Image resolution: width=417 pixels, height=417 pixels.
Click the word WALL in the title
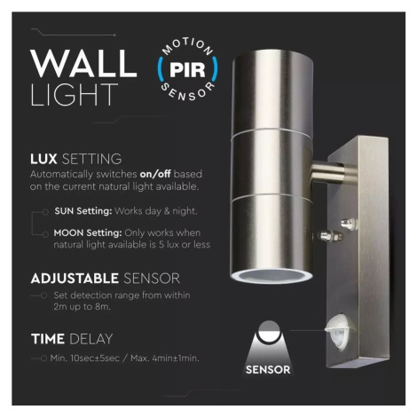tap(83, 63)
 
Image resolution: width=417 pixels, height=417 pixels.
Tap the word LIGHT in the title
tap(75, 95)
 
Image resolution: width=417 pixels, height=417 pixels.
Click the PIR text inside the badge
tap(187, 70)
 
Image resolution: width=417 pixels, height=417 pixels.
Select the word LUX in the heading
tap(43, 159)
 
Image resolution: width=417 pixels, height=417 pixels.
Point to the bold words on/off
tap(155, 174)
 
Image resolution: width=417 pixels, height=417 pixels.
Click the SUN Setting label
tap(83, 211)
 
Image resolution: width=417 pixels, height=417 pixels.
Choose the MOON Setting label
tap(88, 233)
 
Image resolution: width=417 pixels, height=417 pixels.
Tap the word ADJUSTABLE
tap(75, 279)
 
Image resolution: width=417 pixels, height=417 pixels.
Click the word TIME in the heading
tap(48, 339)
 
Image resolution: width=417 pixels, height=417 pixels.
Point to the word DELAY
tap(91, 339)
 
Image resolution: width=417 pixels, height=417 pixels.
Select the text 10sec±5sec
tap(95, 358)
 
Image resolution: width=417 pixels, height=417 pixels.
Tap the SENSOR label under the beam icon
tap(268, 370)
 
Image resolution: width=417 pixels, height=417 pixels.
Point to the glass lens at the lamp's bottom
tap(271, 276)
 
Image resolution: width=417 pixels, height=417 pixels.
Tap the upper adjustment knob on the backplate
tap(348, 223)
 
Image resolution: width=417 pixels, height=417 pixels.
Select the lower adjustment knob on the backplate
tap(329, 236)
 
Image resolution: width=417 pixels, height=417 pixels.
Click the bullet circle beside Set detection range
tap(43, 295)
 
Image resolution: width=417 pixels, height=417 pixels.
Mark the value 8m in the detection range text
tap(103, 307)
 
